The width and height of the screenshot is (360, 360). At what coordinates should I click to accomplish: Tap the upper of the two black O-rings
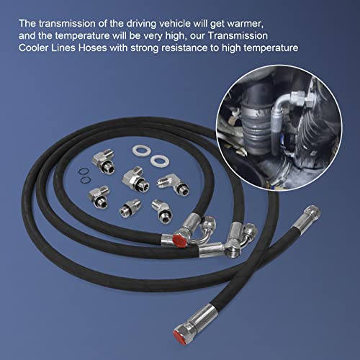click(83, 170)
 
